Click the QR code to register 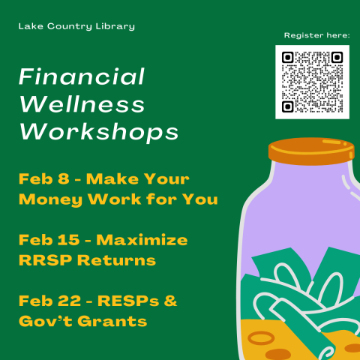[312, 82]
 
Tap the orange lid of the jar [311, 151]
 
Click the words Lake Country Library [76, 26]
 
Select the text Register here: [317, 35]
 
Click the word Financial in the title [82, 76]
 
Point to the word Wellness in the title [82, 104]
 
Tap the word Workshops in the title [99, 132]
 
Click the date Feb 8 [44, 178]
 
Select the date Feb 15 [49, 240]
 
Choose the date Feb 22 [50, 301]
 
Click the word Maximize [142, 240]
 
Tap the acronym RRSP [46, 260]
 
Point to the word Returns [117, 260]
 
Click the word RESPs [128, 301]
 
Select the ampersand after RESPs [170, 301]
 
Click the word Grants [112, 321]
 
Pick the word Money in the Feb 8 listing [50, 200]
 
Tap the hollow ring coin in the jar [261, 338]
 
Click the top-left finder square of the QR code [288, 58]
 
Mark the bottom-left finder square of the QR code [288, 106]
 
